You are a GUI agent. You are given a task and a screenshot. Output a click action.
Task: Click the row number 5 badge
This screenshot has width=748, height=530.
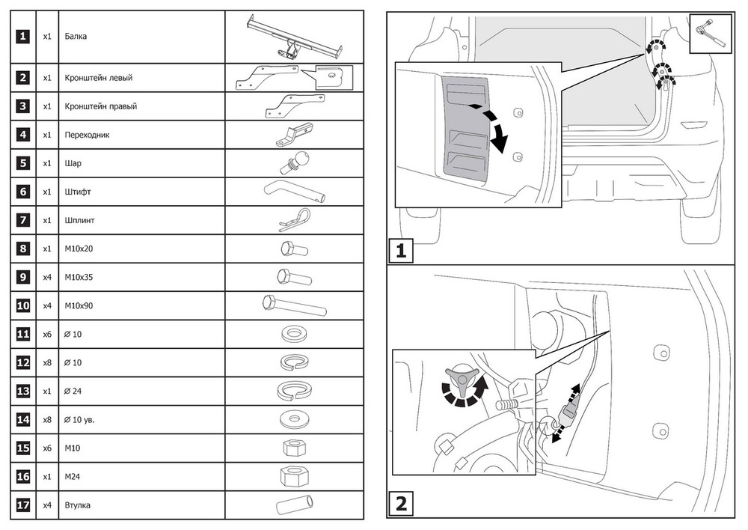pos(23,163)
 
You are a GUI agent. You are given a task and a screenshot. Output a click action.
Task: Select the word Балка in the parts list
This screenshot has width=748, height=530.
pos(76,36)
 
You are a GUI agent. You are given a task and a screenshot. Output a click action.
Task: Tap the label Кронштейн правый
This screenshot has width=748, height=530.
pos(101,106)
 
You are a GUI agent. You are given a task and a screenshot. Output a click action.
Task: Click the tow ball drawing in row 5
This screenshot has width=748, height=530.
pos(294,163)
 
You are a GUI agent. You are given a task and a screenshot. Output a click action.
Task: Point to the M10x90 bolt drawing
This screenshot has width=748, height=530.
pos(294,305)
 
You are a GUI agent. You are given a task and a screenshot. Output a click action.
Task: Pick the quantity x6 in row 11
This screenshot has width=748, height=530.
pos(46,334)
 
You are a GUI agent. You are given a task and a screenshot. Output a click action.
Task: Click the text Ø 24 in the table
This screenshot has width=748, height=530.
pos(73,391)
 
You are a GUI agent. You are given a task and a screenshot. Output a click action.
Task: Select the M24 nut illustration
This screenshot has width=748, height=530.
pos(294,476)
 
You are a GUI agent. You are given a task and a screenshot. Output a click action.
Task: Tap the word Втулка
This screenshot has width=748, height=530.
pos(77,505)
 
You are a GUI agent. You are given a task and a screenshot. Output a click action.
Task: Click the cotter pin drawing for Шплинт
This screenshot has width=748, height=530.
pos(294,220)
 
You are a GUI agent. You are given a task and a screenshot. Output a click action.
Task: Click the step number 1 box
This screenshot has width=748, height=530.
pos(401,251)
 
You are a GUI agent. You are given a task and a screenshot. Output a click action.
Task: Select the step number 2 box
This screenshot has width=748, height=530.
pos(401,504)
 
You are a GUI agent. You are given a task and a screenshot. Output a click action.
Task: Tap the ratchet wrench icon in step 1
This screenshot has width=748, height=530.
pos(711,34)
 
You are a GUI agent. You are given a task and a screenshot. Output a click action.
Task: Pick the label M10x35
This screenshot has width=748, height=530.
pos(79,278)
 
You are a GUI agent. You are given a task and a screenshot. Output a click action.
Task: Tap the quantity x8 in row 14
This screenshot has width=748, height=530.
pos(46,420)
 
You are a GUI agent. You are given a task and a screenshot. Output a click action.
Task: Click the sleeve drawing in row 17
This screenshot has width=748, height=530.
pos(295,505)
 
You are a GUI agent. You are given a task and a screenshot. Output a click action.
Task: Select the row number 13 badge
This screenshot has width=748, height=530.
pos(23,391)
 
